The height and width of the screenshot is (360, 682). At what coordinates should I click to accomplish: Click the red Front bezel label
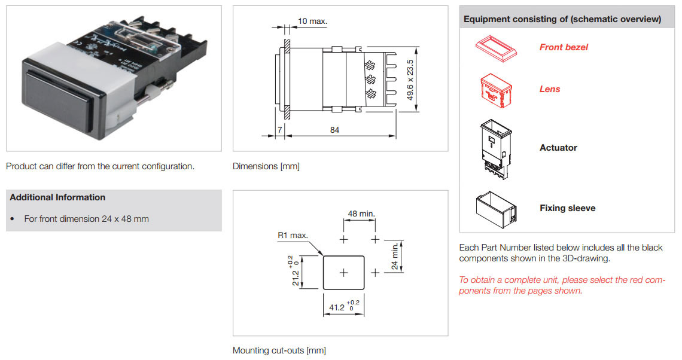pos(564,47)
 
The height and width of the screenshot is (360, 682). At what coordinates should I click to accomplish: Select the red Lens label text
pos(550,89)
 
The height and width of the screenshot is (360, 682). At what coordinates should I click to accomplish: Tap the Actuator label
pos(558,148)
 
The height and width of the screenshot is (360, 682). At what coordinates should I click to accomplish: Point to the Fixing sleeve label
pos(567,208)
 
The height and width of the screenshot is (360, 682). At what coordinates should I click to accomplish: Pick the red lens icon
pos(497,90)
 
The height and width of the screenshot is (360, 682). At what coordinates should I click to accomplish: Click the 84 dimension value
pos(334,130)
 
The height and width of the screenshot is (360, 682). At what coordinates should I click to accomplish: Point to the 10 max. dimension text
pos(312,22)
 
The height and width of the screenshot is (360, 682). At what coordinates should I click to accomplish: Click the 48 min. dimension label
pos(361,213)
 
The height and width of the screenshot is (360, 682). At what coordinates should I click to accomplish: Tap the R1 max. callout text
pos(293,235)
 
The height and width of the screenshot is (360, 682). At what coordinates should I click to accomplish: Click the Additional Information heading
pos(57,197)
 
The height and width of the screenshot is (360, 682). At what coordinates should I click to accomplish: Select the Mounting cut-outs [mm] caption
pos(279,350)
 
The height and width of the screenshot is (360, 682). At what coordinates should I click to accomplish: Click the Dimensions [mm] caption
pos(266,166)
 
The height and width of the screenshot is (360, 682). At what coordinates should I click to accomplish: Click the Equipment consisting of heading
pos(562,19)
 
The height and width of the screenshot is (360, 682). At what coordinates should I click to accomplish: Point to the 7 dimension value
pos(279,130)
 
